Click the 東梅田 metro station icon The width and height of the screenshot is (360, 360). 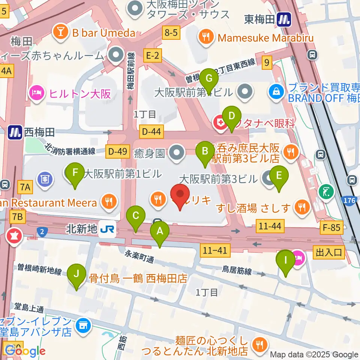[284, 19]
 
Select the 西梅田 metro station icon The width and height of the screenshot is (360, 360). [15, 132]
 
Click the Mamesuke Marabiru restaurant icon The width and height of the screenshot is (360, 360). [206, 37]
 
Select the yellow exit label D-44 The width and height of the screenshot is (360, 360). [151, 131]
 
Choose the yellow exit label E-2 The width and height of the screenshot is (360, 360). [153, 56]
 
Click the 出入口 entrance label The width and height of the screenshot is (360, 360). [328, 252]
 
